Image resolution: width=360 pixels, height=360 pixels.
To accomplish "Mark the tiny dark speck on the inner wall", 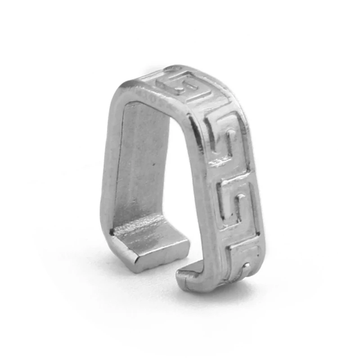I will point(154,166).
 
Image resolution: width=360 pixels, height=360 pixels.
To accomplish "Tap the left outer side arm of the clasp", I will point(108,171).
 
